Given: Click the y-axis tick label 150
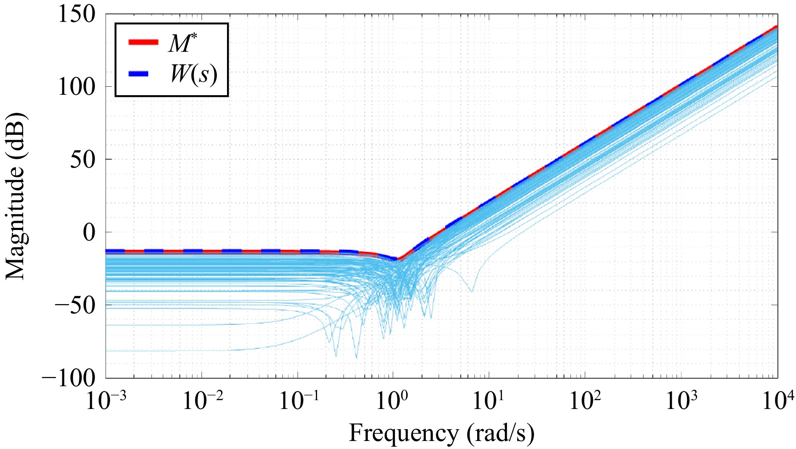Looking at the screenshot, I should (x=76, y=14).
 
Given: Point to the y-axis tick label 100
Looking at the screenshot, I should (x=76, y=87).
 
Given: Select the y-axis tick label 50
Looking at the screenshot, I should (x=83, y=160).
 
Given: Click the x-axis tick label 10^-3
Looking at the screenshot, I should (x=106, y=400).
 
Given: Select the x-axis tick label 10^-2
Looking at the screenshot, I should (x=202, y=400).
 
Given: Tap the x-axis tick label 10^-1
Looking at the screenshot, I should (x=298, y=400).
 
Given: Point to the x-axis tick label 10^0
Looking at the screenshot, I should (x=393, y=400).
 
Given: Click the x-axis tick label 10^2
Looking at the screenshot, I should (x=585, y=400).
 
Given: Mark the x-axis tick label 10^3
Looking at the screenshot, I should (x=681, y=400).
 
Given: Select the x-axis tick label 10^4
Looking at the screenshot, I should (x=777, y=400).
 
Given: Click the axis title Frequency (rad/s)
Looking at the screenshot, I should (x=441, y=433).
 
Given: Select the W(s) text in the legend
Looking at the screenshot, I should (x=193, y=74).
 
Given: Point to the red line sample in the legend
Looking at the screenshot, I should (x=143, y=42).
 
